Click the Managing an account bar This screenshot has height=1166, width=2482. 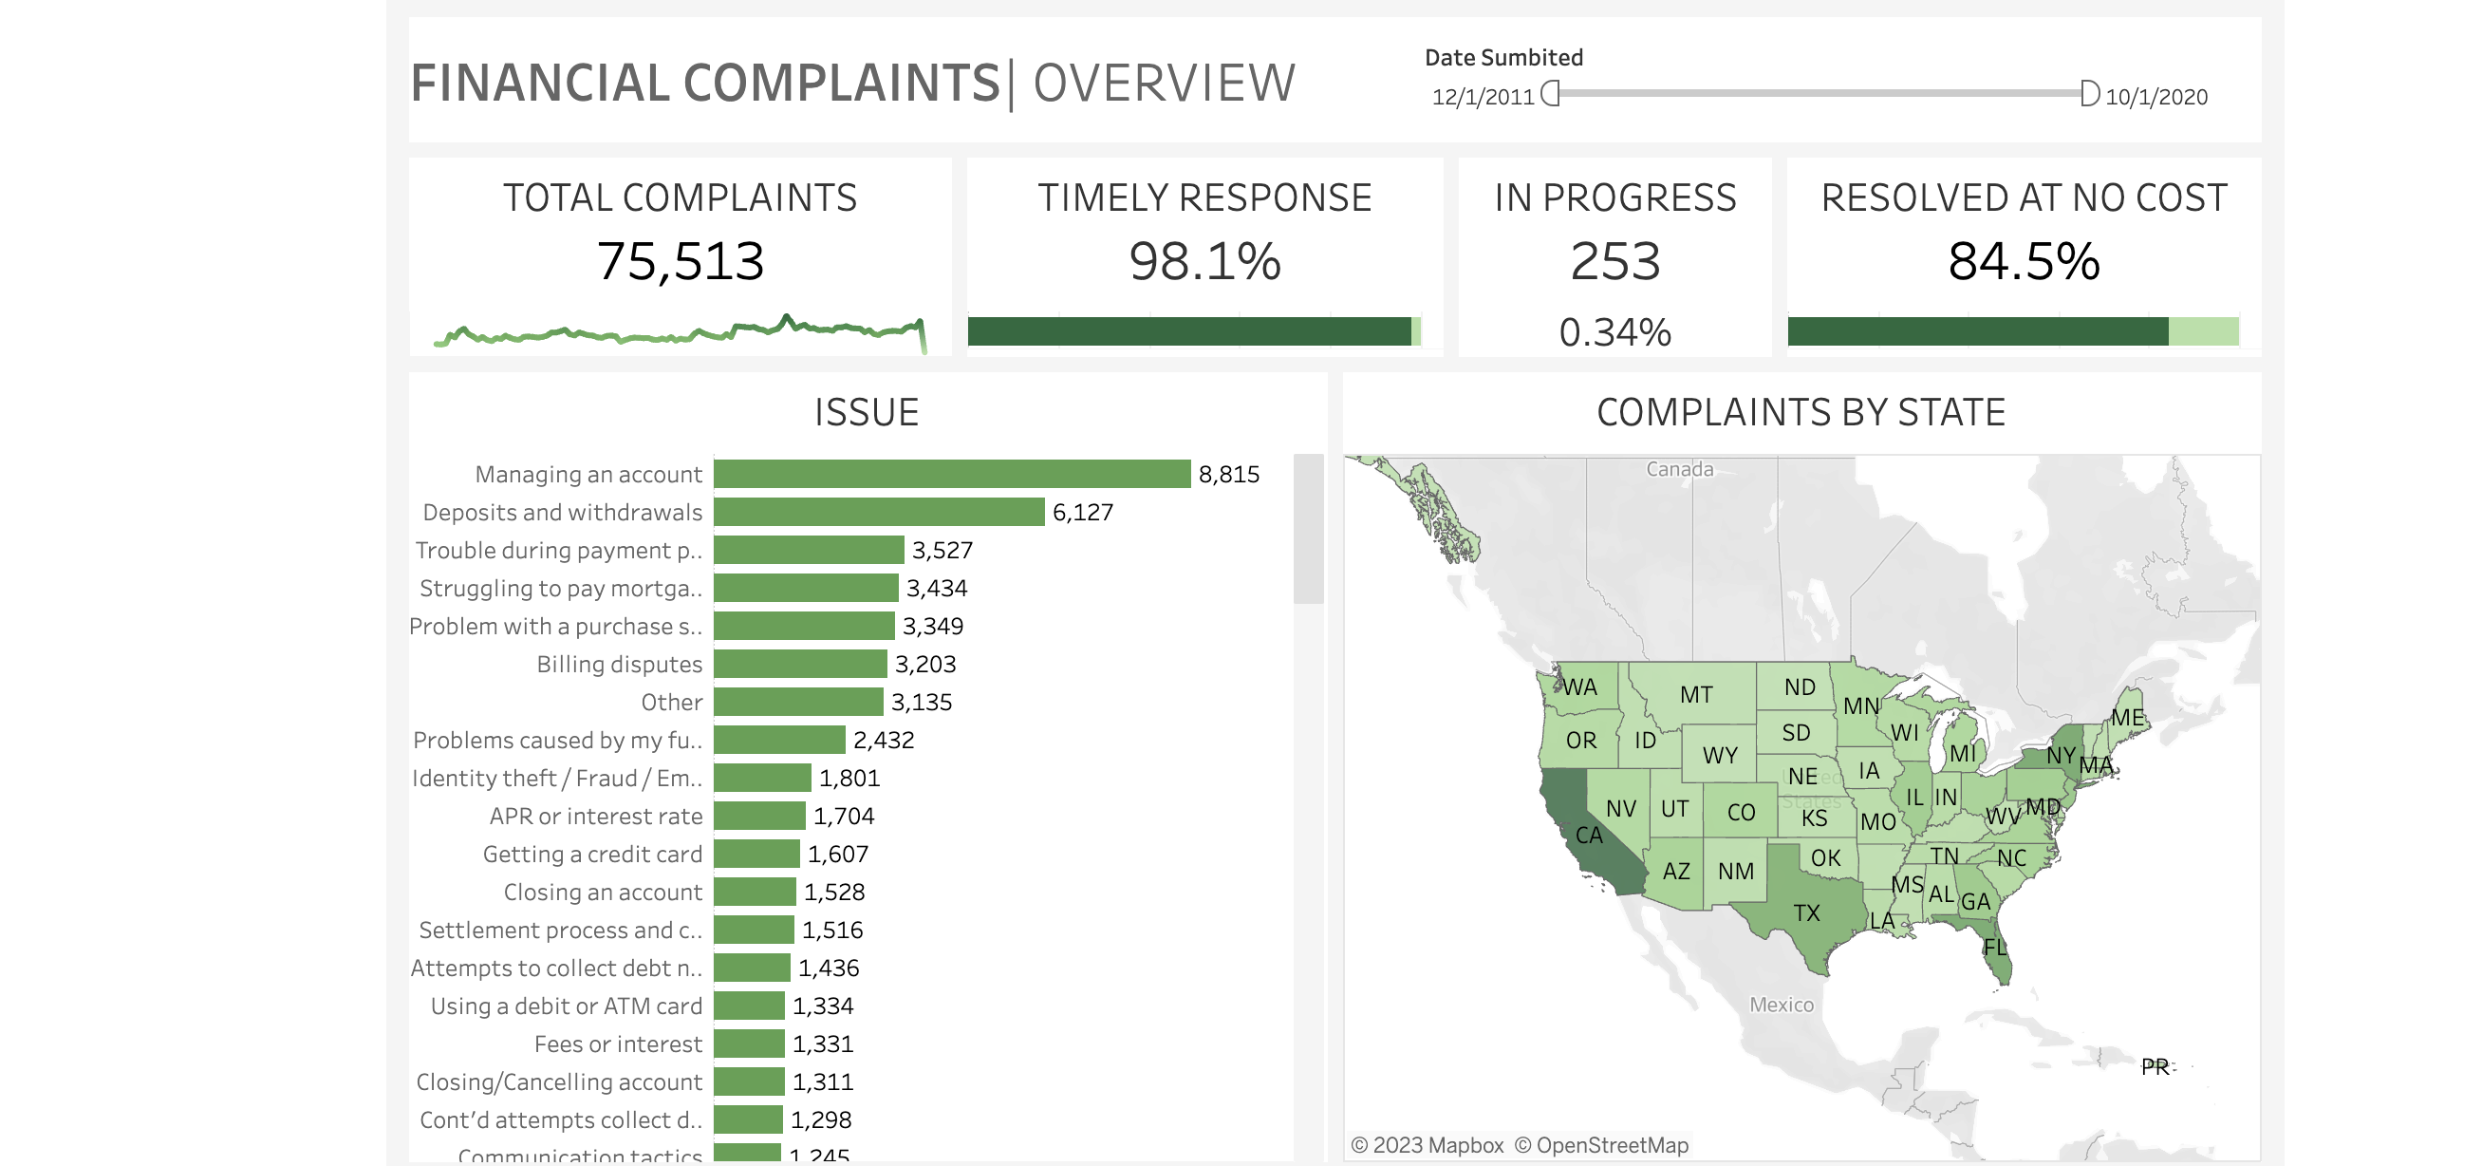pos(951,474)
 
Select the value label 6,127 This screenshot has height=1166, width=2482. pos(1082,513)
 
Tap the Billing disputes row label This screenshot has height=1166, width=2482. pos(619,665)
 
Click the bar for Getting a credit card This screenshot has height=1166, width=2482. pos(756,854)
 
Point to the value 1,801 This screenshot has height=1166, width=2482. pos(849,779)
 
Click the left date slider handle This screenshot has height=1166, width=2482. pos(1550,93)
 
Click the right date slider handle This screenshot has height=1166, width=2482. pos(2089,93)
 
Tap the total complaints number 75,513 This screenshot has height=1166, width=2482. pos(681,262)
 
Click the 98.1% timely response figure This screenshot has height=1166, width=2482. pos(1204,262)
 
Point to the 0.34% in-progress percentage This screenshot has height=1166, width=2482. pos(1614,332)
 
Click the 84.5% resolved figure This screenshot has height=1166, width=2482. pos(2024,262)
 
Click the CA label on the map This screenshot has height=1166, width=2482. pos(1589,836)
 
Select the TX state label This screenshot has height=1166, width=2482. pos(1806,912)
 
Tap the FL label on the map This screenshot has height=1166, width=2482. pos(1994,948)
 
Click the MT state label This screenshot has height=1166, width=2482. pos(1696,695)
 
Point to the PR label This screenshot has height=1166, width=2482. pos(2155,1066)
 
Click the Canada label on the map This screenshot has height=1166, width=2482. pos(1679,469)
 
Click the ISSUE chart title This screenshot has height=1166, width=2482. pos(867,412)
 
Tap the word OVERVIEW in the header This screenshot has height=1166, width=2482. pos(1164,83)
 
